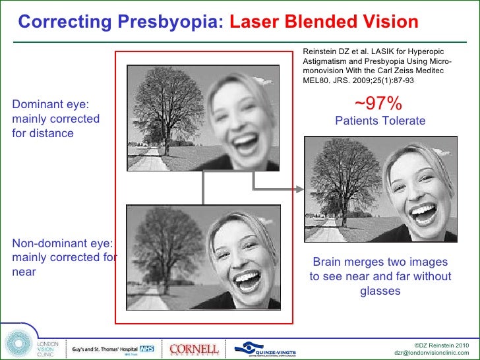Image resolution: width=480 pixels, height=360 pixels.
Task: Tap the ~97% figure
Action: click(x=378, y=104)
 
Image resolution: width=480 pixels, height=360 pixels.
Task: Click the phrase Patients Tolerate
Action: click(x=380, y=121)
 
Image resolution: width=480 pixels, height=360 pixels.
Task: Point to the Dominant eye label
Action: click(x=51, y=104)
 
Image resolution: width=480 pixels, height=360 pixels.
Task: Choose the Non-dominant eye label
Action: click(x=63, y=243)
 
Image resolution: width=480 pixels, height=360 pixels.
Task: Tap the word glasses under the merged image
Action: click(x=380, y=291)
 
